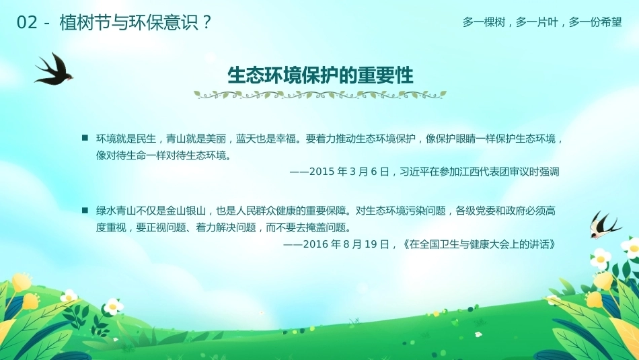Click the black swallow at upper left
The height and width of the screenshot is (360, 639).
[54, 70]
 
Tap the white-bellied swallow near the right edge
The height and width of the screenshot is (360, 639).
[604, 225]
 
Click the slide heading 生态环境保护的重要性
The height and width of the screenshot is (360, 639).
[320, 75]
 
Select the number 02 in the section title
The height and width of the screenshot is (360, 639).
[27, 22]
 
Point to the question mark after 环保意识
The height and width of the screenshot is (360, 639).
[206, 22]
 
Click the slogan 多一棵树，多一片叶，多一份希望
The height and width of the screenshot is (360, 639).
[542, 22]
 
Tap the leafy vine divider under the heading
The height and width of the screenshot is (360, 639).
[320, 95]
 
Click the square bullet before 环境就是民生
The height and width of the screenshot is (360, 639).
[85, 138]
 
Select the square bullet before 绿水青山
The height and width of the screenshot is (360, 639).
[85, 211]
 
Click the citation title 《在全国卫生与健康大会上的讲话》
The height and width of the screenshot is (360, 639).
[478, 244]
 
